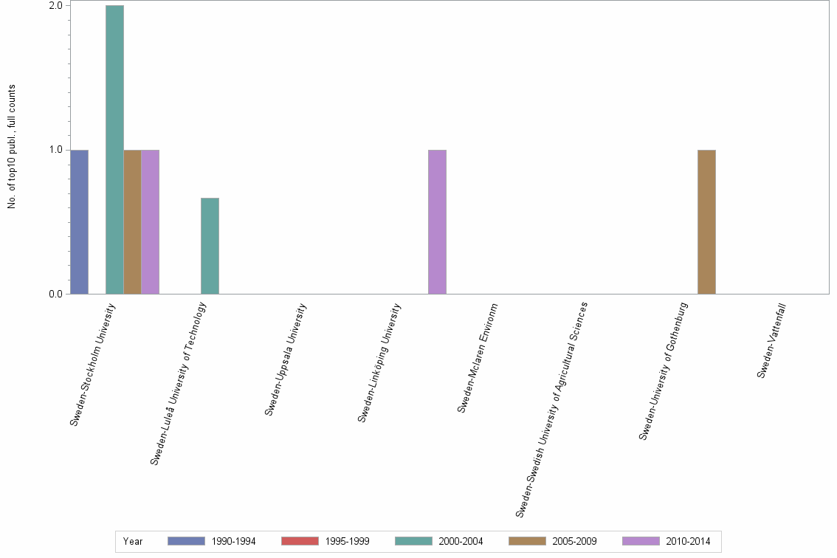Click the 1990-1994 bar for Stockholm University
click(x=79, y=221)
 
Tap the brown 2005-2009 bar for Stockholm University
click(x=132, y=221)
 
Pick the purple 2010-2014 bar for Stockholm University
click(x=150, y=221)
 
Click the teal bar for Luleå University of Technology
click(x=210, y=246)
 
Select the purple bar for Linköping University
click(x=437, y=221)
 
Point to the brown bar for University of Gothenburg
click(x=706, y=221)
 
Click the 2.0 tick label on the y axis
click(x=56, y=6)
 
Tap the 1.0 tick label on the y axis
click(x=56, y=150)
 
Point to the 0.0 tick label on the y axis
click(x=56, y=294)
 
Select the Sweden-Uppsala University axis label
click(x=286, y=359)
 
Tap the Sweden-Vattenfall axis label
click(x=771, y=340)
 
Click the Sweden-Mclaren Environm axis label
click(x=478, y=357)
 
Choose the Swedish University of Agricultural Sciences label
click(x=551, y=409)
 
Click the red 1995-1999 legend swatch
click(x=300, y=541)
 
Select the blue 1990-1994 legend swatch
click(x=186, y=541)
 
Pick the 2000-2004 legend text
click(x=461, y=542)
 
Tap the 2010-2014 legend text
click(x=689, y=542)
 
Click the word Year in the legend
click(x=133, y=542)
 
